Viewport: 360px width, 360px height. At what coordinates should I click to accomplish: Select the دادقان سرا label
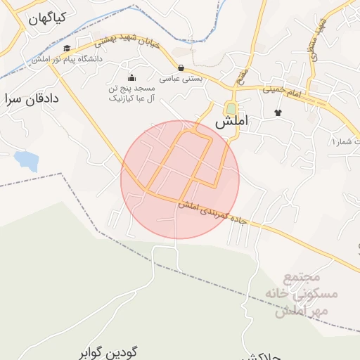point(32,98)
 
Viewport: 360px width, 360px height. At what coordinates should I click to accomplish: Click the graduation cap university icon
point(67,49)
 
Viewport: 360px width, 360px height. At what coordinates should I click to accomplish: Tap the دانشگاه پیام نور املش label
point(67,60)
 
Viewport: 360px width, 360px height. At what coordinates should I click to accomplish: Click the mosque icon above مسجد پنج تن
point(131,77)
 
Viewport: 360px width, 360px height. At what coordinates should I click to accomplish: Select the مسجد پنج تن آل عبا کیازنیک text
point(131,94)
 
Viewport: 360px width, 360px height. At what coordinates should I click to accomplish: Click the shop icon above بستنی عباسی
point(181,68)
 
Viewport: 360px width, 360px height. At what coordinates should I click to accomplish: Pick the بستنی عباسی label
point(181,79)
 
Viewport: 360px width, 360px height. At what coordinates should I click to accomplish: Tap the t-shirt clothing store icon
point(278,112)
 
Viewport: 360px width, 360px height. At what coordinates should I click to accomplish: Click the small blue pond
point(27,160)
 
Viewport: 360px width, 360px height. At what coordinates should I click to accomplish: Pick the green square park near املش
point(231,109)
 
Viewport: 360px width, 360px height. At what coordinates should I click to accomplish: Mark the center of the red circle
point(180,179)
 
